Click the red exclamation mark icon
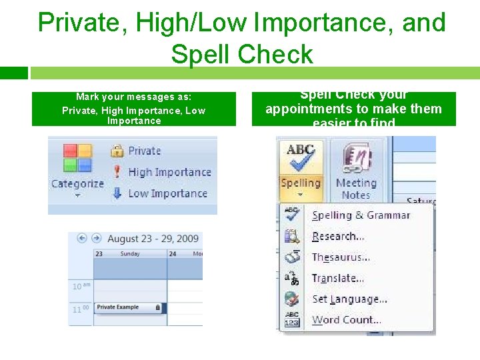coord(117,171)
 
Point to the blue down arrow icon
coord(117,193)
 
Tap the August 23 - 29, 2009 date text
coord(153,239)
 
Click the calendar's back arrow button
coord(83,238)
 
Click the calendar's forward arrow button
coord(96,238)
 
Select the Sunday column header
coord(129,254)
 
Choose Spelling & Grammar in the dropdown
coord(361,215)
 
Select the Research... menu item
coord(338,236)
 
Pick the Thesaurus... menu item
coord(341,257)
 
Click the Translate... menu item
coord(338,278)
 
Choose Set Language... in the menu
coord(349,299)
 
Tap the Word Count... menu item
coord(346,320)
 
